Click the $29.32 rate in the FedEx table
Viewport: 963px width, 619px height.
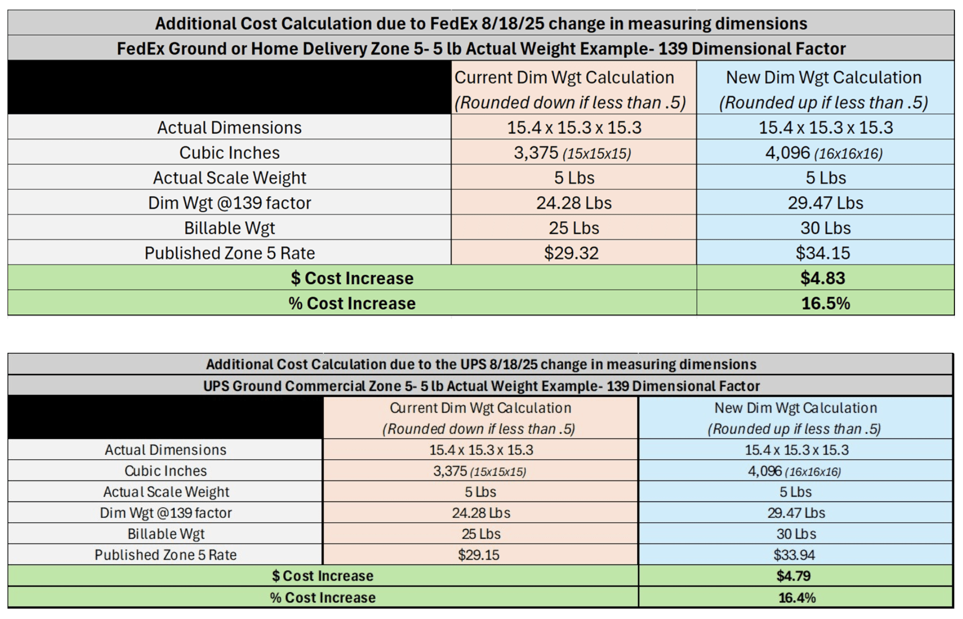pyautogui.click(x=571, y=253)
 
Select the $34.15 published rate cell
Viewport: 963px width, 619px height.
pyautogui.click(x=822, y=253)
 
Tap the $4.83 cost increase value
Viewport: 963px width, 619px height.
pyautogui.click(x=822, y=278)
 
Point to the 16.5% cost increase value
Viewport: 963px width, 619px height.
pyautogui.click(x=825, y=303)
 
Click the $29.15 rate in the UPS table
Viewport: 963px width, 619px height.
pyautogui.click(x=478, y=555)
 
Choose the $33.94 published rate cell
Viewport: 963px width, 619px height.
pyautogui.click(x=794, y=555)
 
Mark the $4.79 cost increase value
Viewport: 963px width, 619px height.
pyautogui.click(x=794, y=576)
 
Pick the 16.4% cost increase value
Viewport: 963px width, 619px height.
pyautogui.click(x=797, y=598)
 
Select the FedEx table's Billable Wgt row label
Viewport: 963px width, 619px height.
pyautogui.click(x=229, y=228)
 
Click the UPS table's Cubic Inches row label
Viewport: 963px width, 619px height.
pyautogui.click(x=166, y=471)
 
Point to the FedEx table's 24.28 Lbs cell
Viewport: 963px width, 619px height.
pyautogui.click(x=574, y=203)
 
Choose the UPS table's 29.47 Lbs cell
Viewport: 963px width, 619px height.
pyautogui.click(x=796, y=513)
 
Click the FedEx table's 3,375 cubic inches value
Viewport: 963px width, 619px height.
pyautogui.click(x=536, y=153)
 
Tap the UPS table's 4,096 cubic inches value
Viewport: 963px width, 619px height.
pyautogui.click(x=765, y=471)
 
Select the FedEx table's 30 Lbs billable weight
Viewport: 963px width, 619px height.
pyautogui.click(x=825, y=228)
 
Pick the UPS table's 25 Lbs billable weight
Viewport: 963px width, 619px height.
pyautogui.click(x=481, y=534)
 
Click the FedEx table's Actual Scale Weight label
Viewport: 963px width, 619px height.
pyautogui.click(x=229, y=177)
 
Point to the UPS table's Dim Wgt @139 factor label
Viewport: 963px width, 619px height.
pyautogui.click(x=166, y=513)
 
